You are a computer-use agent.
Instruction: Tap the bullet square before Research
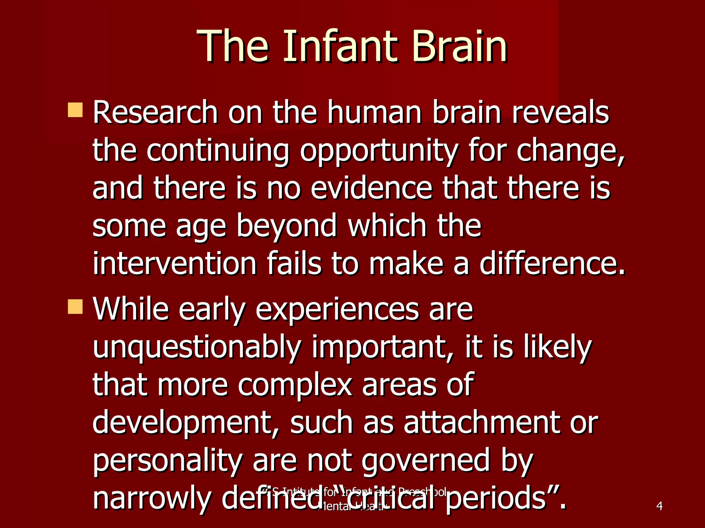75,110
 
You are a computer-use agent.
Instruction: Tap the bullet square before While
75,307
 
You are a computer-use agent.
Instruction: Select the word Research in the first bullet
155,112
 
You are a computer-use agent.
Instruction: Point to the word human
374,112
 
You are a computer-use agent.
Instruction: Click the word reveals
560,112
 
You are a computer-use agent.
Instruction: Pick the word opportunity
379,151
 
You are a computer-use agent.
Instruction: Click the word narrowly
151,498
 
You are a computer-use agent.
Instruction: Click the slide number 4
660,506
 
